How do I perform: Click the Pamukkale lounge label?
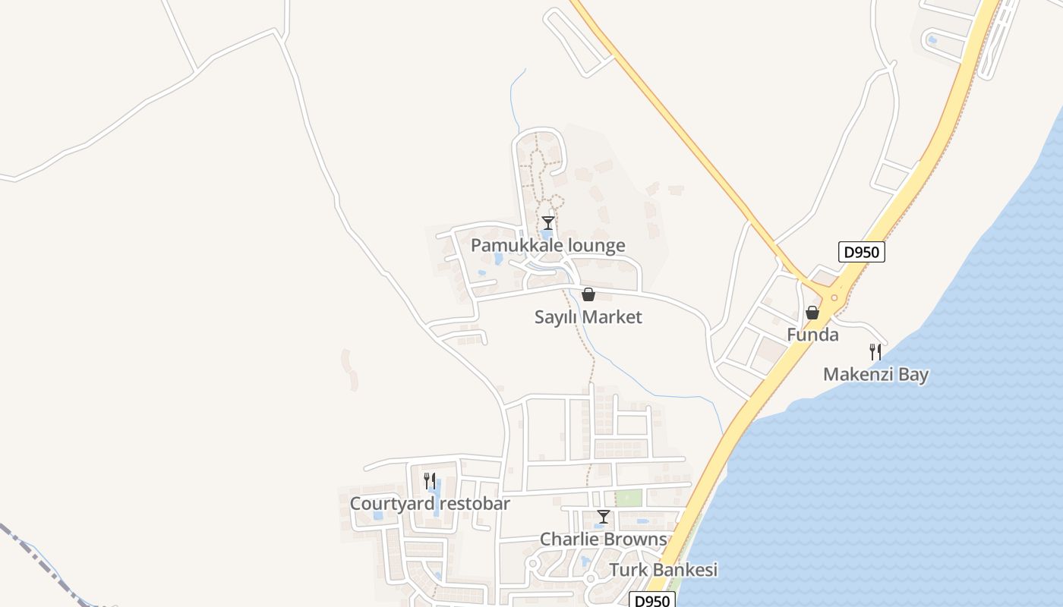(547, 245)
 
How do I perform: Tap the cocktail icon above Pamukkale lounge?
(547, 222)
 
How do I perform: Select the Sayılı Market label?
(588, 317)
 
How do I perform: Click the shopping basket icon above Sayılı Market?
(588, 294)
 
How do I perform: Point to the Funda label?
(812, 335)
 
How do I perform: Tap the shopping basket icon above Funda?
(812, 313)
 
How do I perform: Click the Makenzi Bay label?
(875, 374)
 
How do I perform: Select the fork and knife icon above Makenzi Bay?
(875, 351)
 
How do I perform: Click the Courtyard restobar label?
(430, 504)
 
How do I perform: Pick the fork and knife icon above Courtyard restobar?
(430, 480)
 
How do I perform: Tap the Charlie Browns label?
(603, 539)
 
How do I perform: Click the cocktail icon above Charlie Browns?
(603, 517)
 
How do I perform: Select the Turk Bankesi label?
(663, 570)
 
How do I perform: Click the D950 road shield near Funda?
(861, 252)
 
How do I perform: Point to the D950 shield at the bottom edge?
(651, 600)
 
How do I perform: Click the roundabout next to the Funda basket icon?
(834, 298)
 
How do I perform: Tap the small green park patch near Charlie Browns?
(628, 498)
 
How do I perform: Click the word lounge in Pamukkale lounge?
(590, 245)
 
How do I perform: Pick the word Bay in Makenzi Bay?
(912, 374)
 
